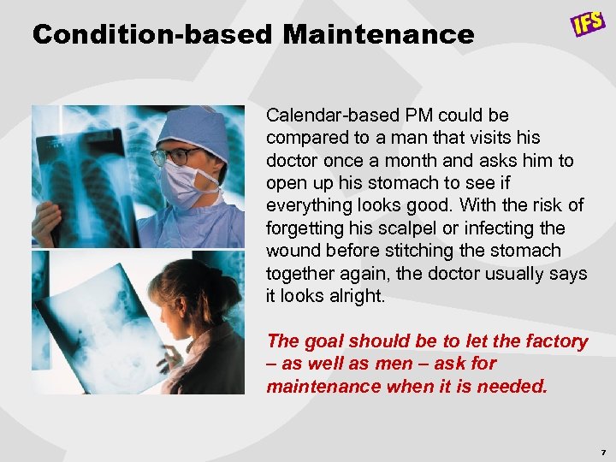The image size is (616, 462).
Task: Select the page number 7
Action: pyautogui.click(x=603, y=451)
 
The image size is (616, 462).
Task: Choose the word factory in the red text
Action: pyautogui.click(x=557, y=341)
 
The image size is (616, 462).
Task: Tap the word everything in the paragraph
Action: pyautogui.click(x=309, y=205)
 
